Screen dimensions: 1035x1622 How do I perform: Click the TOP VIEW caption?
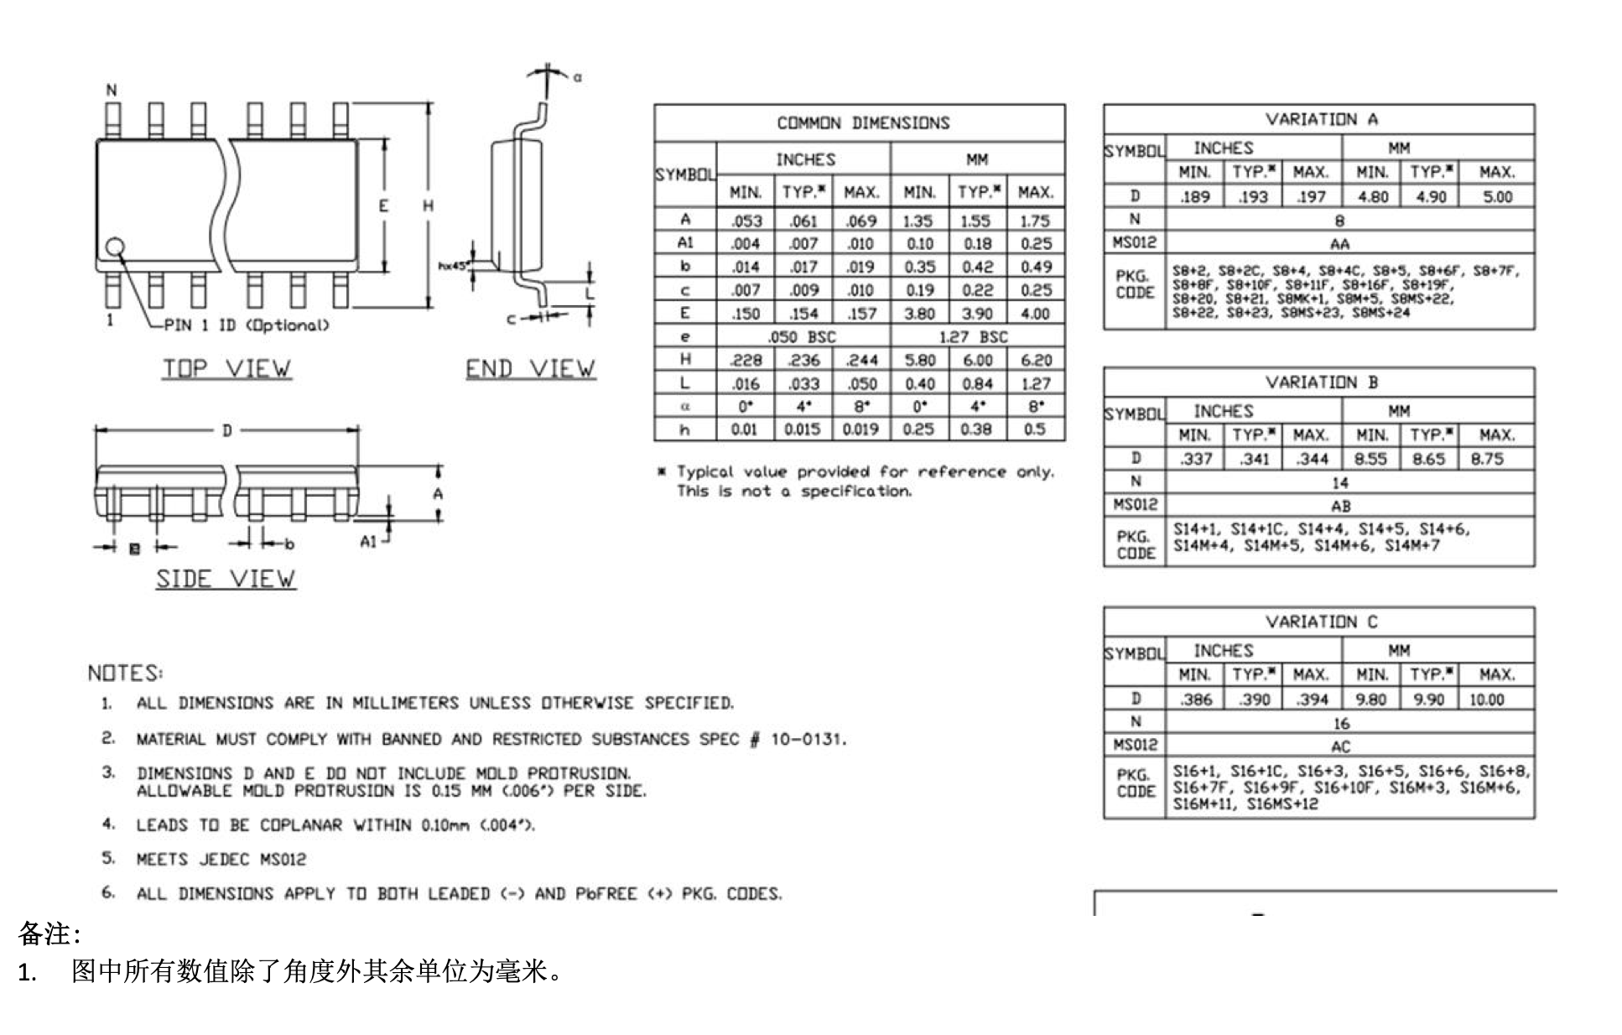tap(226, 368)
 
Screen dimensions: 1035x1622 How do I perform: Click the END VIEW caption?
tap(530, 368)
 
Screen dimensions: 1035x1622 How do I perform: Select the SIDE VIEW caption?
tap(226, 579)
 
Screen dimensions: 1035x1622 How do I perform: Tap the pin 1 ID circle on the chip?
tap(115, 247)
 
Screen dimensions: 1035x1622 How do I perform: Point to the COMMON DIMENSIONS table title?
tap(863, 123)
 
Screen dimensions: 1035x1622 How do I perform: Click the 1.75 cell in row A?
tap(1035, 221)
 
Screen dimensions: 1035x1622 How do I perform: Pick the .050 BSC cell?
tap(802, 336)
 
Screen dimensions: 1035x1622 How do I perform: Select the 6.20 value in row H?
tap(1035, 360)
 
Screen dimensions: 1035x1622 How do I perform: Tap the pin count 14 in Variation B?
tap(1340, 482)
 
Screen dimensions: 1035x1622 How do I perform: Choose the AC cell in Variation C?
tap(1340, 746)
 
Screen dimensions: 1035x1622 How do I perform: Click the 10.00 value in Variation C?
tap(1486, 699)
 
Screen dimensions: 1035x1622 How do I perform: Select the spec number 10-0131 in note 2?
tap(808, 739)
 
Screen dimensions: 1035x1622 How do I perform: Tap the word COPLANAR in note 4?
tap(301, 825)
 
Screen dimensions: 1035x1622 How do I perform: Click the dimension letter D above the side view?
tap(226, 431)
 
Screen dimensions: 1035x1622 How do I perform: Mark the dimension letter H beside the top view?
tap(428, 205)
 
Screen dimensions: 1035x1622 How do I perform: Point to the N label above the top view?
tap(112, 91)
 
